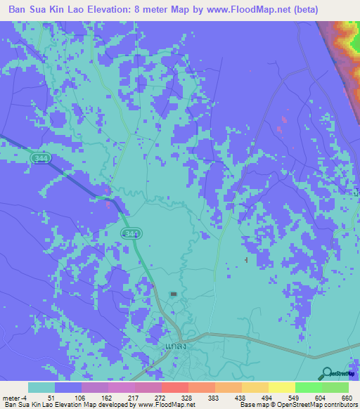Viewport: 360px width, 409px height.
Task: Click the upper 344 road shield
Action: point(41,160)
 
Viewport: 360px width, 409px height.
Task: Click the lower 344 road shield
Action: point(130,233)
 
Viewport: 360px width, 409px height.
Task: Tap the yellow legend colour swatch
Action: point(281,387)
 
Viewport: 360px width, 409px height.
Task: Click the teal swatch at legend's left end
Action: point(41,387)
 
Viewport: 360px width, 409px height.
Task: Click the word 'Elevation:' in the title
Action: point(110,10)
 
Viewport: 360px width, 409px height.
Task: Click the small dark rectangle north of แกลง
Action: point(174,293)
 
